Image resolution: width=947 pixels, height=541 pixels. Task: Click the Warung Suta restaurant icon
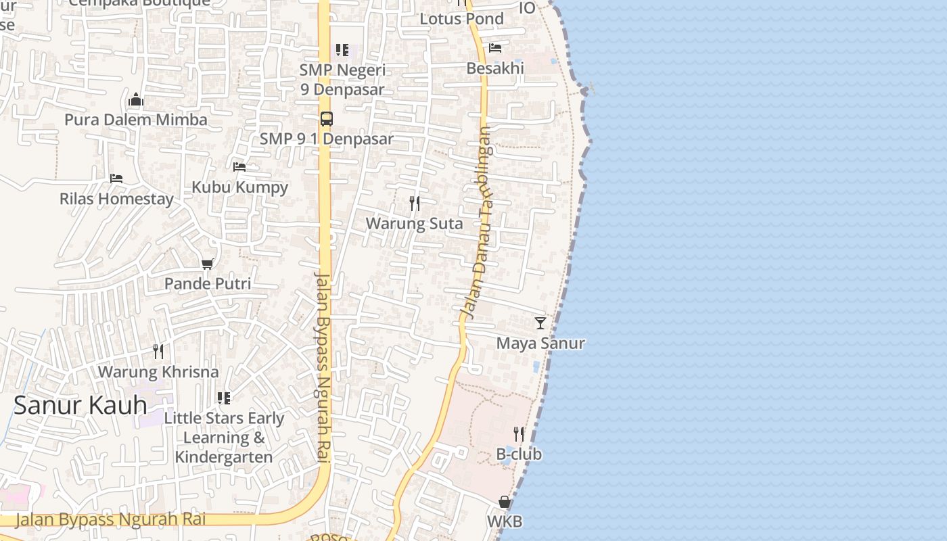(x=415, y=203)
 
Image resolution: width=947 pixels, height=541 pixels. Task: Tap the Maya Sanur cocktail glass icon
(x=540, y=323)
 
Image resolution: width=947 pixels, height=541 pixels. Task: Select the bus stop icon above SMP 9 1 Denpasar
(x=327, y=119)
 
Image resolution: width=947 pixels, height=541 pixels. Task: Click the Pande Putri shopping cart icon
(x=207, y=264)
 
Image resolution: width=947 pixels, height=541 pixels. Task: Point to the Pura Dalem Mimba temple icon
(x=136, y=100)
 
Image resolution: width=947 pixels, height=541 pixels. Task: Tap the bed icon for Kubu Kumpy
(x=239, y=167)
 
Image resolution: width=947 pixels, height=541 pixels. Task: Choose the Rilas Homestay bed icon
(x=116, y=179)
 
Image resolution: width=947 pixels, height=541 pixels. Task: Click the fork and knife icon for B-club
(x=519, y=433)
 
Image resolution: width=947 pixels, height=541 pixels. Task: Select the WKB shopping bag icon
(x=505, y=502)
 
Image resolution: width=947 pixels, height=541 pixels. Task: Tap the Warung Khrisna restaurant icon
(x=158, y=352)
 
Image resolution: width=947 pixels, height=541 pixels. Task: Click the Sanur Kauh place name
(x=80, y=405)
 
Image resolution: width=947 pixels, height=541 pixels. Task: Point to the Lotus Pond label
(x=462, y=19)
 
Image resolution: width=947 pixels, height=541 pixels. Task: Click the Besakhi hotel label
(x=495, y=68)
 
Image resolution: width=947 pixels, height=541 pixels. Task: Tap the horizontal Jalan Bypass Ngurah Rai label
(x=110, y=519)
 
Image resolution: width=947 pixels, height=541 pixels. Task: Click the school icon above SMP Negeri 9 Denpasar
(x=342, y=50)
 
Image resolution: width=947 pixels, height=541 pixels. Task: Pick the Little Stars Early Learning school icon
(x=224, y=398)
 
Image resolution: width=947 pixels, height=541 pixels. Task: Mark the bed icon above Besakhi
(x=495, y=48)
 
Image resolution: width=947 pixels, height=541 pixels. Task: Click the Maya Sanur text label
(x=540, y=344)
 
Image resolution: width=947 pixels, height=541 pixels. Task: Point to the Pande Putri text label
(x=208, y=284)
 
